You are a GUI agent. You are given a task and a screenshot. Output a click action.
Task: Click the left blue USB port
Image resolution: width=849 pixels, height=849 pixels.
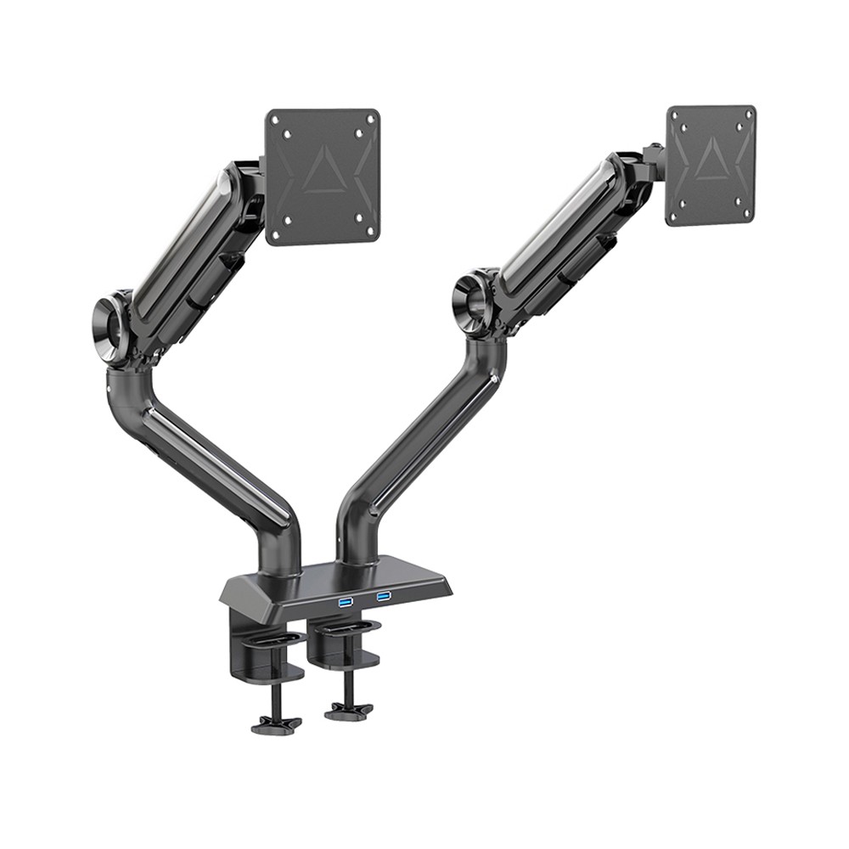tap(344, 603)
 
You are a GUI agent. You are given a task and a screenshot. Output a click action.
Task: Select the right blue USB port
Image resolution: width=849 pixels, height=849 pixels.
tap(383, 598)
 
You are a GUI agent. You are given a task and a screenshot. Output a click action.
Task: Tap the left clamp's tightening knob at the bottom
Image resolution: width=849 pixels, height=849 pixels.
tap(276, 723)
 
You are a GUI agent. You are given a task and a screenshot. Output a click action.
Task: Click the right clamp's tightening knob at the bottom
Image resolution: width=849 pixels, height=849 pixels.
tap(348, 711)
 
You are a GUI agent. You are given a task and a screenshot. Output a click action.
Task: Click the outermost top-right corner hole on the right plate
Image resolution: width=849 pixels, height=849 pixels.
tap(746, 115)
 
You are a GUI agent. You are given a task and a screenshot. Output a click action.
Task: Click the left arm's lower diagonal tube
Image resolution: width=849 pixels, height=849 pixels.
tap(204, 450)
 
